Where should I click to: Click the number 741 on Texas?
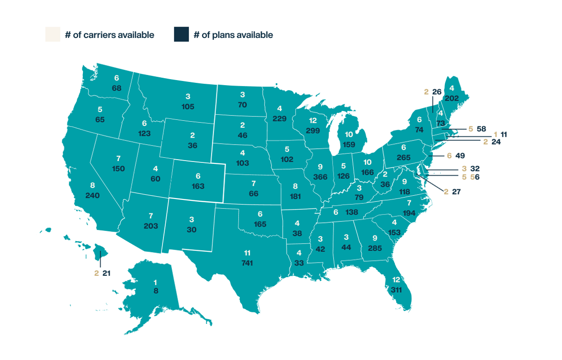coord(247,263)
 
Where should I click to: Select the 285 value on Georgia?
coord(375,249)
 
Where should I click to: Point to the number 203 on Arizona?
coord(151,226)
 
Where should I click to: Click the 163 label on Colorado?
coord(198,186)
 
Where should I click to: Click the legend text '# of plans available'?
coord(233,35)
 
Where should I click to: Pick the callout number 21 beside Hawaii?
coord(106,273)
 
